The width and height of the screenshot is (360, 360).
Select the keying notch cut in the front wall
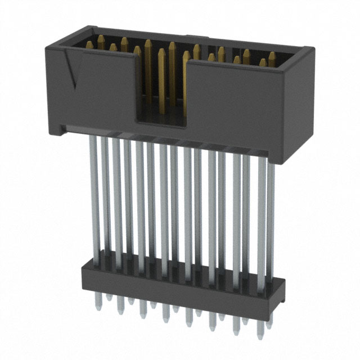[161, 90]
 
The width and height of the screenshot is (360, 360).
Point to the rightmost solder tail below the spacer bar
[260, 329]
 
